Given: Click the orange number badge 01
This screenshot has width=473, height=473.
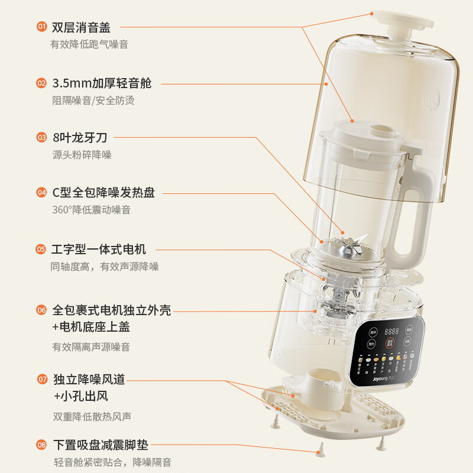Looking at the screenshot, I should tap(41, 27).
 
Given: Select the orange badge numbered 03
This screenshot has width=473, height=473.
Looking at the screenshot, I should tap(41, 138).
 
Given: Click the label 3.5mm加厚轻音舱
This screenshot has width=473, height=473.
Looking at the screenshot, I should tap(102, 83).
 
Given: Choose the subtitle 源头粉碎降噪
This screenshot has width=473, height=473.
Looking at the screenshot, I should tap(82, 155).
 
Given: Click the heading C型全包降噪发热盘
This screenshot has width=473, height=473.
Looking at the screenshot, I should tap(103, 193).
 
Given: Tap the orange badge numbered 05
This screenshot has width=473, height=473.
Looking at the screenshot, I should tap(41, 250).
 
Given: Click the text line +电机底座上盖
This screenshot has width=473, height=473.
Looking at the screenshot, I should tap(91, 327).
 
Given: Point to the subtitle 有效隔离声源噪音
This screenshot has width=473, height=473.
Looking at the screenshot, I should tap(91, 347).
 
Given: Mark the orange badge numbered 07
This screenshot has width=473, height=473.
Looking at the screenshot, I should tap(41, 379).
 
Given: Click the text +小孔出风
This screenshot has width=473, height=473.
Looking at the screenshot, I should tap(80, 396).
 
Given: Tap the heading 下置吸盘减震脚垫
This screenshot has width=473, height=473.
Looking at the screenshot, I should tap(100, 445).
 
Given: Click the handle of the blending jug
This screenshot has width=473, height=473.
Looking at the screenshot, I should tap(417, 213).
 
